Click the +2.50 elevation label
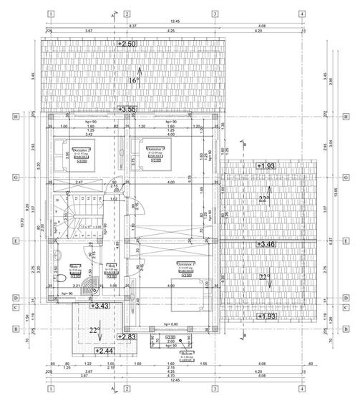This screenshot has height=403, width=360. (127, 44)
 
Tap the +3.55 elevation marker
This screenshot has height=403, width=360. (127, 109)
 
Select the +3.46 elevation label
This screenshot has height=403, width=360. (268, 245)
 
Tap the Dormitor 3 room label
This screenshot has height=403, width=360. (157, 149)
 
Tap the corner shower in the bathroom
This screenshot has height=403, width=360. (92, 286)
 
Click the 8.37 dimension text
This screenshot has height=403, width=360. (134, 26)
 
